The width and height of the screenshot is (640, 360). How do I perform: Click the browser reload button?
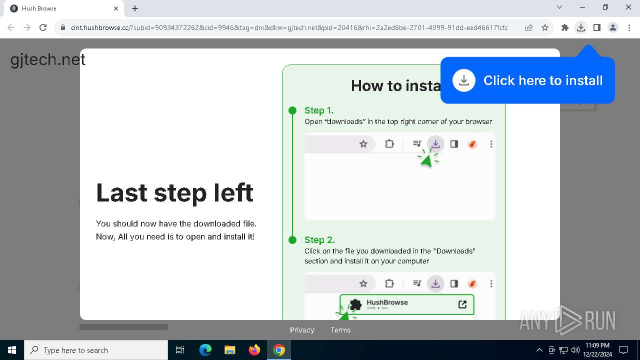pyautogui.click(x=43, y=28)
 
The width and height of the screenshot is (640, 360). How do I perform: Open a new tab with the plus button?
pyautogui.click(x=135, y=8)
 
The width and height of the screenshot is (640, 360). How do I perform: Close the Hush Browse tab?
pyautogui.click(x=116, y=8)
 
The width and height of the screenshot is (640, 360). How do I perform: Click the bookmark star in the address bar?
pyautogui.click(x=545, y=28)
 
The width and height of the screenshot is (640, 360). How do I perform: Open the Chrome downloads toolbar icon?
pyautogui.click(x=580, y=28)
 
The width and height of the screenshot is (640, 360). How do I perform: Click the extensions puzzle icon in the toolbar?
pyautogui.click(x=565, y=28)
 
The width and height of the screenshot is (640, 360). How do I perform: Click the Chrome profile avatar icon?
pyautogui.click(x=613, y=28)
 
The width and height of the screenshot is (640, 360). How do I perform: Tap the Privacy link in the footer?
pyautogui.click(x=302, y=330)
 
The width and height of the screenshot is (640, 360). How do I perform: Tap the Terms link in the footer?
pyautogui.click(x=340, y=330)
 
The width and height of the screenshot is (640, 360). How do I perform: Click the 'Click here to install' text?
pyautogui.click(x=543, y=80)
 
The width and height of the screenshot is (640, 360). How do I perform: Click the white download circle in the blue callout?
pyautogui.click(x=464, y=80)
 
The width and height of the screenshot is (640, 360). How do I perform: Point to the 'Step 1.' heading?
pyautogui.click(x=319, y=110)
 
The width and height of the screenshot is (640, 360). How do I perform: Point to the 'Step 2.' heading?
pyautogui.click(x=319, y=240)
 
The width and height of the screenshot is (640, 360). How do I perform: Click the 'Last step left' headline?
pyautogui.click(x=174, y=193)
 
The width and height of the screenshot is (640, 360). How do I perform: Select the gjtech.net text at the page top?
pyautogui.click(x=48, y=60)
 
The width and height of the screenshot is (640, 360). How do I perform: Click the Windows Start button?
pyautogui.click(x=12, y=350)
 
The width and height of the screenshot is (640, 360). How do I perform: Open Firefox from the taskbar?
pyautogui.click(x=254, y=350)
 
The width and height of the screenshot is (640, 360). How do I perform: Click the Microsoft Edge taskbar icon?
pyautogui.click(x=205, y=350)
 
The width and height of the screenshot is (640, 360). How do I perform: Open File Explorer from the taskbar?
pyautogui.click(x=230, y=350)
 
